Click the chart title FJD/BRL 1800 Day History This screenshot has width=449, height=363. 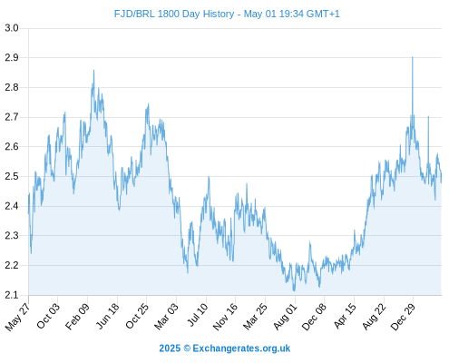174,14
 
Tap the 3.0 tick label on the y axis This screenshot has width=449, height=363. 12,28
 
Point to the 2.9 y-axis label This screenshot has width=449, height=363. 12,57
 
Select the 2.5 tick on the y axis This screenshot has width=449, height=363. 12,176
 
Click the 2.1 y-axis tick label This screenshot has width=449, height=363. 12,295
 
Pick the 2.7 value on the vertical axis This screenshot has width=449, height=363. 12,117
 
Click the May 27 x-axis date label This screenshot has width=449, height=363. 18,317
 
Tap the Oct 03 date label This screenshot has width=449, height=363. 48,316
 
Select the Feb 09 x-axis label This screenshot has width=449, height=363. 78,316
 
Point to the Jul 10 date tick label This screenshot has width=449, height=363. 198,315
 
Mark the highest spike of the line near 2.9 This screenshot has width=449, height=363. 413,57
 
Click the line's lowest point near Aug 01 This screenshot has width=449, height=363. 294,290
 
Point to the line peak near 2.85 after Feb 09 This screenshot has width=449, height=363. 93,71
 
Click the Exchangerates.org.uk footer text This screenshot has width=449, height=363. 241,348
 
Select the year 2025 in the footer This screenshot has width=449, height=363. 170,348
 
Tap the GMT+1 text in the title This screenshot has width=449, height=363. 323,14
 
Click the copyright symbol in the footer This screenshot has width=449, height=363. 187,348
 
